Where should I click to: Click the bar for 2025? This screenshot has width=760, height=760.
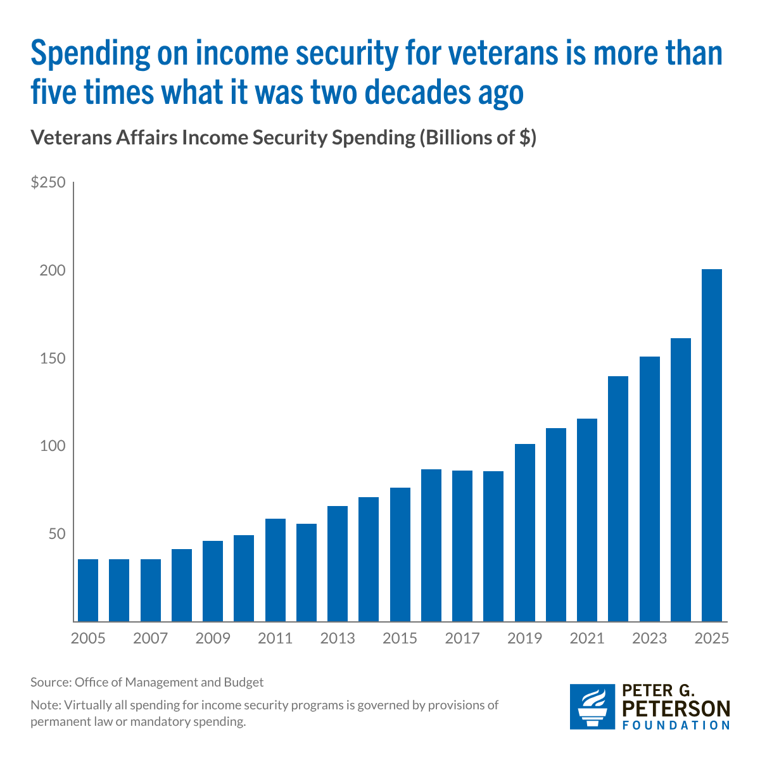click(x=711, y=445)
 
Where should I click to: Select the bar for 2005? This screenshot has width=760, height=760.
click(x=88, y=590)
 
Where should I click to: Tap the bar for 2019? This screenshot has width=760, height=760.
click(x=524, y=533)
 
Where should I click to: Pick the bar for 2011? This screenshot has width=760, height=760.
click(x=275, y=570)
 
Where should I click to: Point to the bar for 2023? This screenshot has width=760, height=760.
click(x=650, y=489)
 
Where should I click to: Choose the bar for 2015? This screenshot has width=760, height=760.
click(x=400, y=555)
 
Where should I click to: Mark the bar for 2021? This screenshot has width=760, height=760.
click(x=587, y=520)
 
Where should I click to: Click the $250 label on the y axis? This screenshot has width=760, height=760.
click(x=48, y=182)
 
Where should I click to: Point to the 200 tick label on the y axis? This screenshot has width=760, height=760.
click(x=53, y=270)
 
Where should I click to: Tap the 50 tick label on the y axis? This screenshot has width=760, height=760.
click(x=57, y=534)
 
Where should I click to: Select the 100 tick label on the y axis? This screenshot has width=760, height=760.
click(x=53, y=446)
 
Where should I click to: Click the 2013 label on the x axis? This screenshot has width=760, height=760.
click(x=338, y=638)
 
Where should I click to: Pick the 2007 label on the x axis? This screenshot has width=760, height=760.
click(x=150, y=638)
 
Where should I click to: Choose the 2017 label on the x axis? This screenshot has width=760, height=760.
click(x=462, y=638)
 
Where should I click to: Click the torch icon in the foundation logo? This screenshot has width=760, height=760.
click(x=592, y=707)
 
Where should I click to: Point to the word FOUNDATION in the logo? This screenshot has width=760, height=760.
click(x=676, y=725)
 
